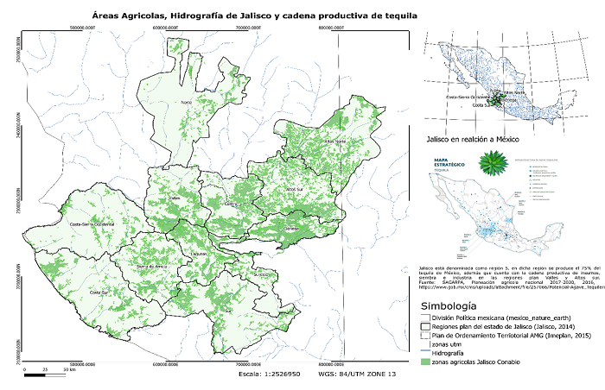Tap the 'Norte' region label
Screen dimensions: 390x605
pyautogui.click(x=185, y=103)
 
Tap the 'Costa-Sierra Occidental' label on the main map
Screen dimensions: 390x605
pyautogui.click(x=92, y=223)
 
